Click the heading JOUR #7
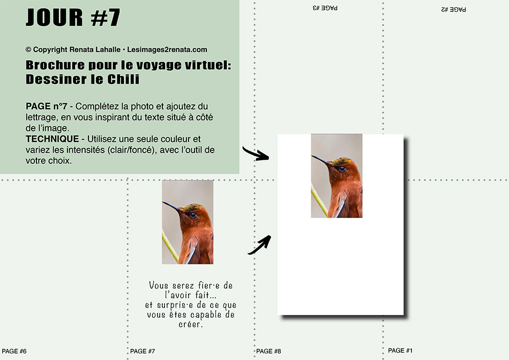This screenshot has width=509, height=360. tap(73, 17)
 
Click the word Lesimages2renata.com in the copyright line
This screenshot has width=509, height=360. tap(167, 50)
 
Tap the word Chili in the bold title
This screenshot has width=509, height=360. tap(123, 79)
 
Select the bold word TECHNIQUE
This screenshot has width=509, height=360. tap(53, 139)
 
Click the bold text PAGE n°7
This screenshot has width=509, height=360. tap(47, 106)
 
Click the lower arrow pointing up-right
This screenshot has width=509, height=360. tap(260, 245)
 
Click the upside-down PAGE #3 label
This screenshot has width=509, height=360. tap(325, 8)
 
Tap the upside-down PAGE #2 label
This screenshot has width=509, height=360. tap(453, 10)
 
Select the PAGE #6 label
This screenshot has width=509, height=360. tap(14, 351)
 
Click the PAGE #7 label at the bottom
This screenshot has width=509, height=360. tap(143, 351)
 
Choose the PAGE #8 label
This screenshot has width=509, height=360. tap(268, 351)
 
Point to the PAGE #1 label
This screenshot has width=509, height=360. tap(400, 350)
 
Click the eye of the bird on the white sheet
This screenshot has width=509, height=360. tap(341, 168)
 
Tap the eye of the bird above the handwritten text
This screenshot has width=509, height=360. tap(192, 215)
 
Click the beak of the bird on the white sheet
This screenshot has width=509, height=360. tap(320, 160)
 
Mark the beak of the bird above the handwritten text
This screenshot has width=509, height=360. tap(171, 206)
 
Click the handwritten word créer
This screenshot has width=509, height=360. tap(191, 324)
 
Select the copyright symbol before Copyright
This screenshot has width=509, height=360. tap(28, 50)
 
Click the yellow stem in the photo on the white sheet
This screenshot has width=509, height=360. tap(319, 200)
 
